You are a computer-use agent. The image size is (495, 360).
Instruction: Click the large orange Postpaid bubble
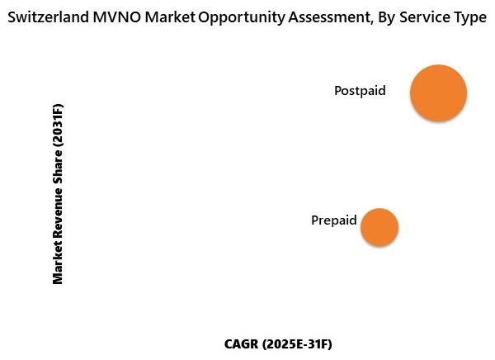pos(438,93)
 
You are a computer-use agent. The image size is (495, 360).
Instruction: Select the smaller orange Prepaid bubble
pos(379,227)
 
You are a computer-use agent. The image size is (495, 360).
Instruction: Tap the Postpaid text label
pos(360,91)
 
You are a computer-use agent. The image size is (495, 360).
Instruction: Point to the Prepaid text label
pos(333,220)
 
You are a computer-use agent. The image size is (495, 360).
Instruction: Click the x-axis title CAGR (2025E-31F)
pos(283,343)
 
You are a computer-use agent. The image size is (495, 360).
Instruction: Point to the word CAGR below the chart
pos(242,343)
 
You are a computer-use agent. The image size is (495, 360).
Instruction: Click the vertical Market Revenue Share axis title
pos(58,193)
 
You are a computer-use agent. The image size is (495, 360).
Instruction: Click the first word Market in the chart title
pos(173,18)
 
